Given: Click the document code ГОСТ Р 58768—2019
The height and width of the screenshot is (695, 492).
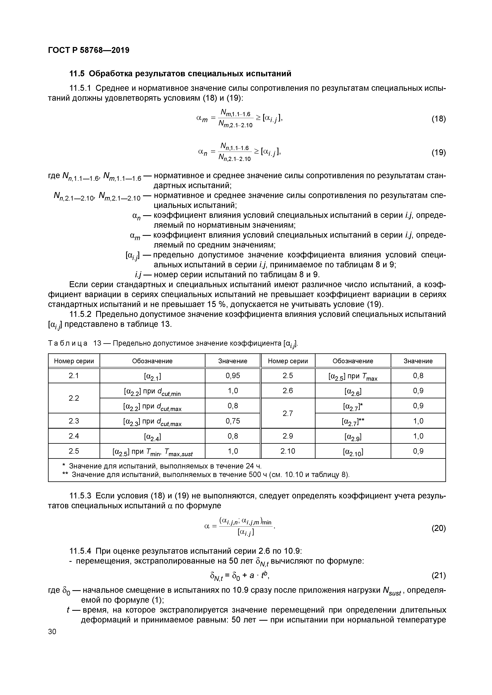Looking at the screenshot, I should (88, 50).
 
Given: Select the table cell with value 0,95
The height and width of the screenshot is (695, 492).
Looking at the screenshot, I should (232, 376).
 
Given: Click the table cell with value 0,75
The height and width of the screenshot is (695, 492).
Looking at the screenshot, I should (232, 421).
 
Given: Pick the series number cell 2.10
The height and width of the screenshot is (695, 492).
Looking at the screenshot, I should (288, 451).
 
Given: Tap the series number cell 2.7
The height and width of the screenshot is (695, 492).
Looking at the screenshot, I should (288, 413).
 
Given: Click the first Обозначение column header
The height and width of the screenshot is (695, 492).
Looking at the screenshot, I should (152, 361).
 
